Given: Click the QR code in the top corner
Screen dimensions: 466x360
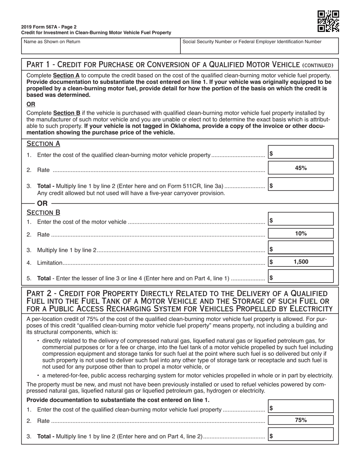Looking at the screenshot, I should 328,21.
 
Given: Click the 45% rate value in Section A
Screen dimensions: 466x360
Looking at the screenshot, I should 301,168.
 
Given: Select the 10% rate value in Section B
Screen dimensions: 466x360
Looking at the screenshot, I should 301,234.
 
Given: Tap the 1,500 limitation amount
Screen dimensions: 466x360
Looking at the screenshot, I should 301,262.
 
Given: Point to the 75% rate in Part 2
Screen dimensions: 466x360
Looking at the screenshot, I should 301,420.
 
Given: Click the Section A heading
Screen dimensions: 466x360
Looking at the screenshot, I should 43,144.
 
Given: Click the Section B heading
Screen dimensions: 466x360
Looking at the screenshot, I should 43,213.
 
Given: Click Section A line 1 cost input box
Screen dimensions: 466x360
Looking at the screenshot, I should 301,152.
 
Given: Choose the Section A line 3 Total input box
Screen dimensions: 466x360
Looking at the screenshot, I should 301,185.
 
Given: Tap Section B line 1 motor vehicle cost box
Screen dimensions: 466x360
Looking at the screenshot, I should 301,219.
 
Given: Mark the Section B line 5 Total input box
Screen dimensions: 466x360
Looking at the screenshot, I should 301,277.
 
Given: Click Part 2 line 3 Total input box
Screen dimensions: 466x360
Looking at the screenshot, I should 301,435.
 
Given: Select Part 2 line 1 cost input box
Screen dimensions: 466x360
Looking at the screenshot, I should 301,407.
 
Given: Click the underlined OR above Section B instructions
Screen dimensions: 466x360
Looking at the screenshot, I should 31,104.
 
